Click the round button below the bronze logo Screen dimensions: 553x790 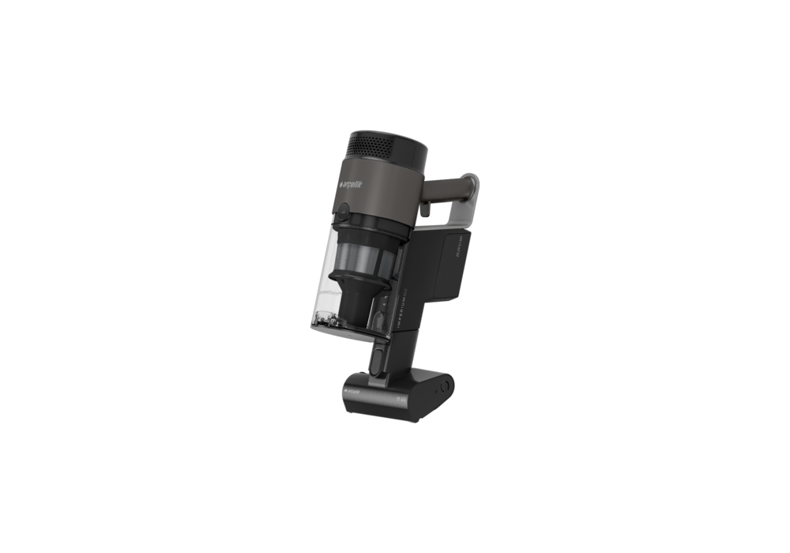(x=345, y=211)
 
